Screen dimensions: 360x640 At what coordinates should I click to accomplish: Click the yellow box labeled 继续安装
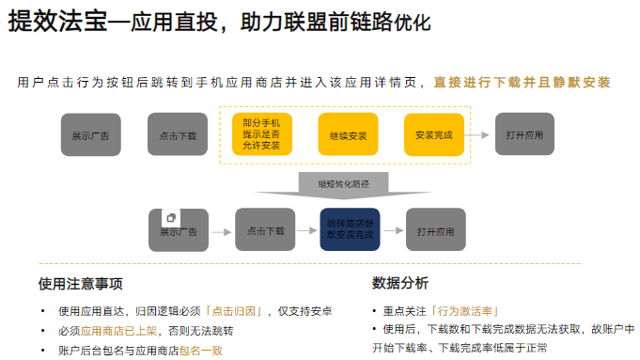348,135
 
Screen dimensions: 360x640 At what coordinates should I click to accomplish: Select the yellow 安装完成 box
433,135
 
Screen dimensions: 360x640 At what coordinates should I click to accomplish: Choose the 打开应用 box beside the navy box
436,230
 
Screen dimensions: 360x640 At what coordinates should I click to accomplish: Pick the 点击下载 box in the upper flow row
178,135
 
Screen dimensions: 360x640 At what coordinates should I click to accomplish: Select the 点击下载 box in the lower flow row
265,230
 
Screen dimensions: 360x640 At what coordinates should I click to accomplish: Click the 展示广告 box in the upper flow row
90,135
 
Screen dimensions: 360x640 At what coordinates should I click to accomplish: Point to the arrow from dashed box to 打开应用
480,135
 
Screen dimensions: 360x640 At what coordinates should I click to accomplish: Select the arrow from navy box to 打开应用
393,230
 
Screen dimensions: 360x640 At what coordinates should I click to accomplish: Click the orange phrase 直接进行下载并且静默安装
522,83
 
